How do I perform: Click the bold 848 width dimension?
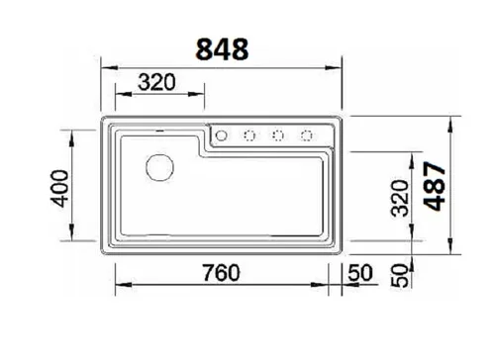point(222,49)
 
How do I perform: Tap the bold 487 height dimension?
point(436,186)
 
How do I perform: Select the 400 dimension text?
point(60,188)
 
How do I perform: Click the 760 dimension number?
point(221,273)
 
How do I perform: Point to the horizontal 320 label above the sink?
point(156,82)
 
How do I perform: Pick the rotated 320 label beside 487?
point(400,198)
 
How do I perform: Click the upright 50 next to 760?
point(360,273)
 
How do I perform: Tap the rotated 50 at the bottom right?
point(400,276)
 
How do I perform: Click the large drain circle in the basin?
point(159,167)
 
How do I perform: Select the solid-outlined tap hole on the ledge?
point(221,135)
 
